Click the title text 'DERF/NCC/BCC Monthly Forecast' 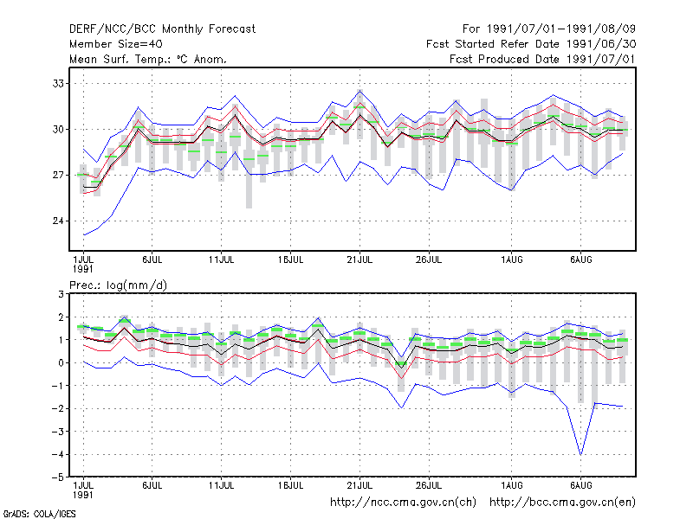click(x=162, y=29)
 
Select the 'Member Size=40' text click(x=116, y=44)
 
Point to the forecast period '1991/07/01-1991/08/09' click(x=560, y=29)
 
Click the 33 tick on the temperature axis click(x=58, y=83)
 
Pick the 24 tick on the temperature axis click(x=58, y=221)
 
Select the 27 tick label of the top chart click(x=58, y=176)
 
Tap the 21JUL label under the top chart click(x=359, y=260)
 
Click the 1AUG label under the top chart click(x=511, y=260)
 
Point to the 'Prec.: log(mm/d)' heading click(x=118, y=285)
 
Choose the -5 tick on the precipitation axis click(x=58, y=477)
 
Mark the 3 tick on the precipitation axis click(x=61, y=294)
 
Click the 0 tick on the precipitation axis click(x=61, y=362)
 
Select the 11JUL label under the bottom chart click(x=221, y=486)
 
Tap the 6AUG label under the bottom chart click(x=580, y=486)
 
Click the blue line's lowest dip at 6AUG click(x=580, y=454)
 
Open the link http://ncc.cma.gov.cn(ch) click(x=403, y=503)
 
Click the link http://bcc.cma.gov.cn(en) click(x=562, y=503)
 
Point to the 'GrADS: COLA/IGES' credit click(x=39, y=514)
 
